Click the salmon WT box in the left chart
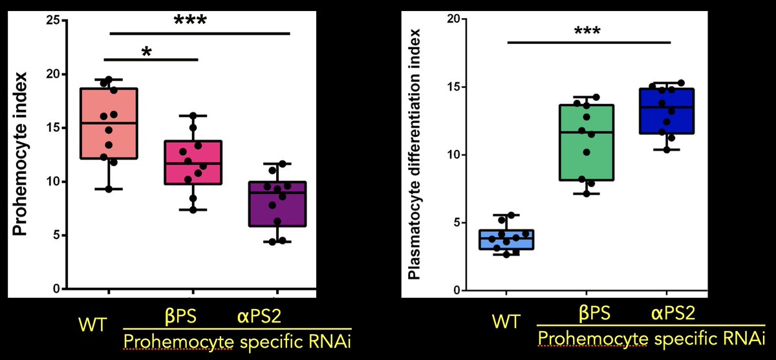[x=109, y=123]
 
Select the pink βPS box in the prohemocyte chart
[x=193, y=162]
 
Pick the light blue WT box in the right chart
[x=506, y=239]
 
